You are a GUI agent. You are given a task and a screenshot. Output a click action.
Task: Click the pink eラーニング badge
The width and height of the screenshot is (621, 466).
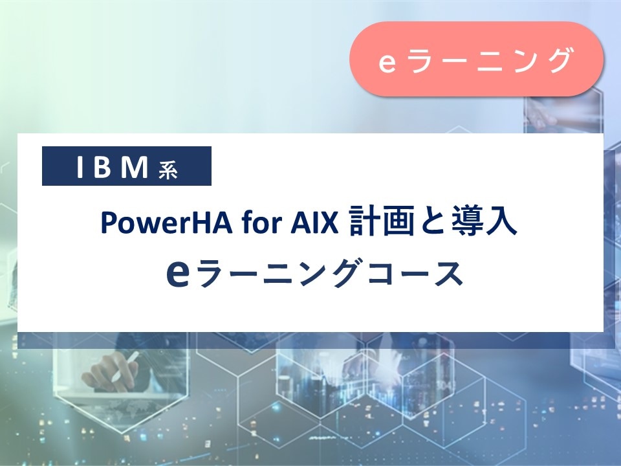(x=476, y=60)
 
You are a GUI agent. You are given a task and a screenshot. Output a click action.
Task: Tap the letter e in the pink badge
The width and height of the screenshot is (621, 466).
(x=386, y=61)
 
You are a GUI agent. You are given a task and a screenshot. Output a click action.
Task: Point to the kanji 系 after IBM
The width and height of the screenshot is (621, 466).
(x=168, y=170)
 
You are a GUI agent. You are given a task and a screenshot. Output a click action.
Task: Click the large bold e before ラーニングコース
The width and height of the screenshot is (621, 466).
(x=179, y=274)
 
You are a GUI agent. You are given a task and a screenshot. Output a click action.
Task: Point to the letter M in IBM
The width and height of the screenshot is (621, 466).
(x=135, y=168)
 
